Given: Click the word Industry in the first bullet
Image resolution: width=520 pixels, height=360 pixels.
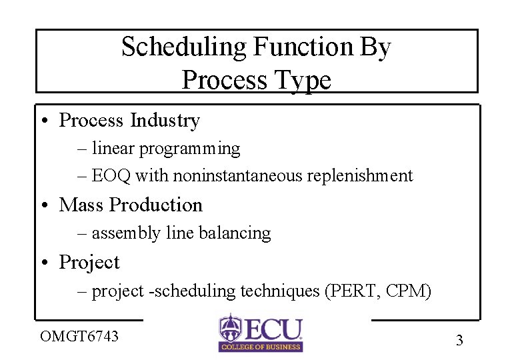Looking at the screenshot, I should coord(165,121).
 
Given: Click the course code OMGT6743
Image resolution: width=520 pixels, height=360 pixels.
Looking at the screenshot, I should coord(79,336).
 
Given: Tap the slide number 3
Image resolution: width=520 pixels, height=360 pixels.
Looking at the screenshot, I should coord(459,341).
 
